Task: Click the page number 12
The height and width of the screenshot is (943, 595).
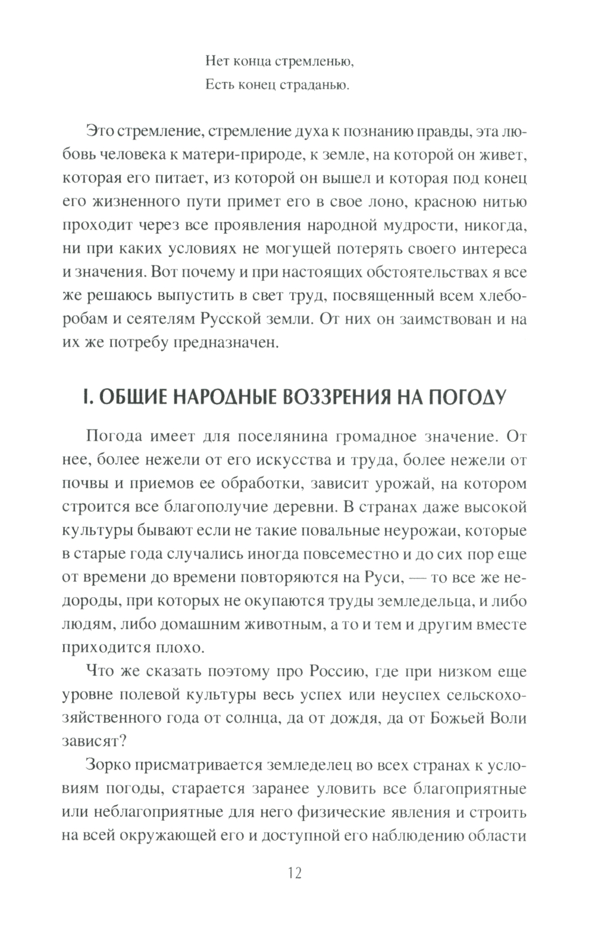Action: (295, 873)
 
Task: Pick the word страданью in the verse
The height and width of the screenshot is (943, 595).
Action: (316, 86)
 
